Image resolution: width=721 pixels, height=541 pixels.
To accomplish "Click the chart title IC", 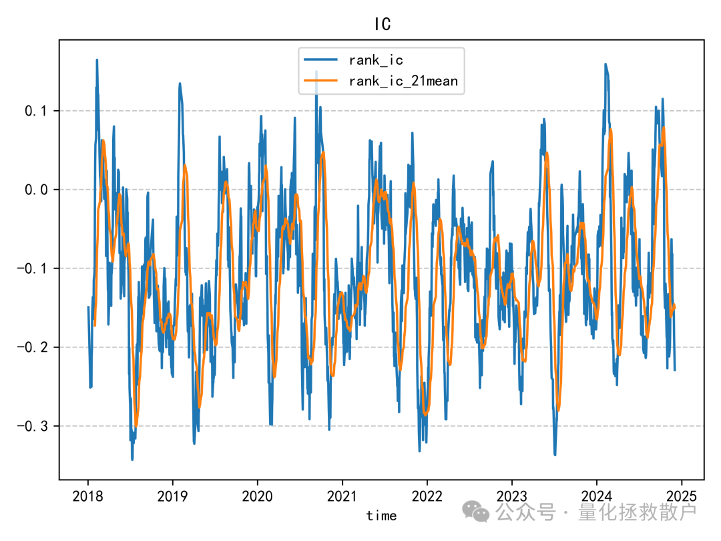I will coord(382,25).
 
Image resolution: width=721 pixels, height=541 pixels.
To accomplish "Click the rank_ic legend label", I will coord(376,60).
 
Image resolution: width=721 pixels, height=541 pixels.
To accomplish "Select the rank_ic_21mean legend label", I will coord(403,81).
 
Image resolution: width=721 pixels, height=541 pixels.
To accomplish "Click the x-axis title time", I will coord(381,516).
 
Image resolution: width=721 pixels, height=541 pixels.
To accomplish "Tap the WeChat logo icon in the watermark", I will coord(477,512).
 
